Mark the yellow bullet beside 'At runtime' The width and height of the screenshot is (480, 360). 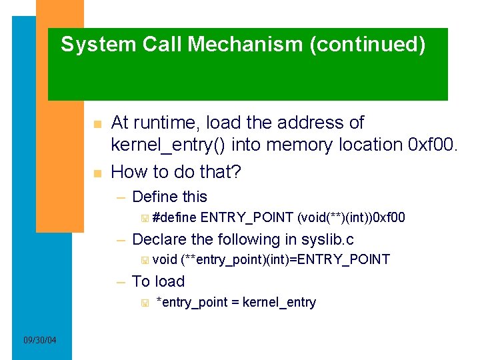(97, 125)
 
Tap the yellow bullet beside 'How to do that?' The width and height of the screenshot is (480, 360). (97, 174)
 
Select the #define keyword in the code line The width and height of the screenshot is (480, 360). (174, 217)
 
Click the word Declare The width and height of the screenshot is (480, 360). (160, 239)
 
